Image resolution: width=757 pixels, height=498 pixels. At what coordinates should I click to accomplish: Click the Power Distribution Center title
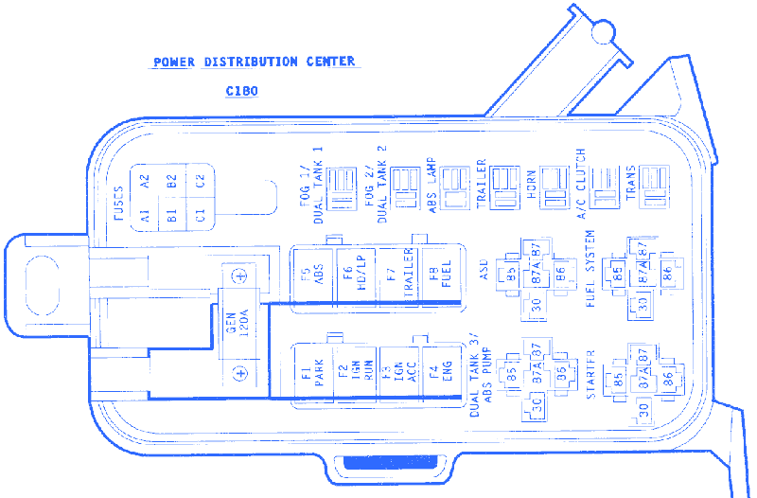tap(255, 62)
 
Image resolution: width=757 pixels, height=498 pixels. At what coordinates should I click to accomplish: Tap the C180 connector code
tap(242, 92)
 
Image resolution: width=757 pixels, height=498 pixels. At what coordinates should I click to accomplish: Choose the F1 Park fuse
tap(312, 372)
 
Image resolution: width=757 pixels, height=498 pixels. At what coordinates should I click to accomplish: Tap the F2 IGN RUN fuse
tap(355, 372)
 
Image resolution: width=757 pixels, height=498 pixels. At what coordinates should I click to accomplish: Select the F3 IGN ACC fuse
tap(397, 372)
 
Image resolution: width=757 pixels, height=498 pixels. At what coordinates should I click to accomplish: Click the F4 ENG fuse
tap(440, 372)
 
